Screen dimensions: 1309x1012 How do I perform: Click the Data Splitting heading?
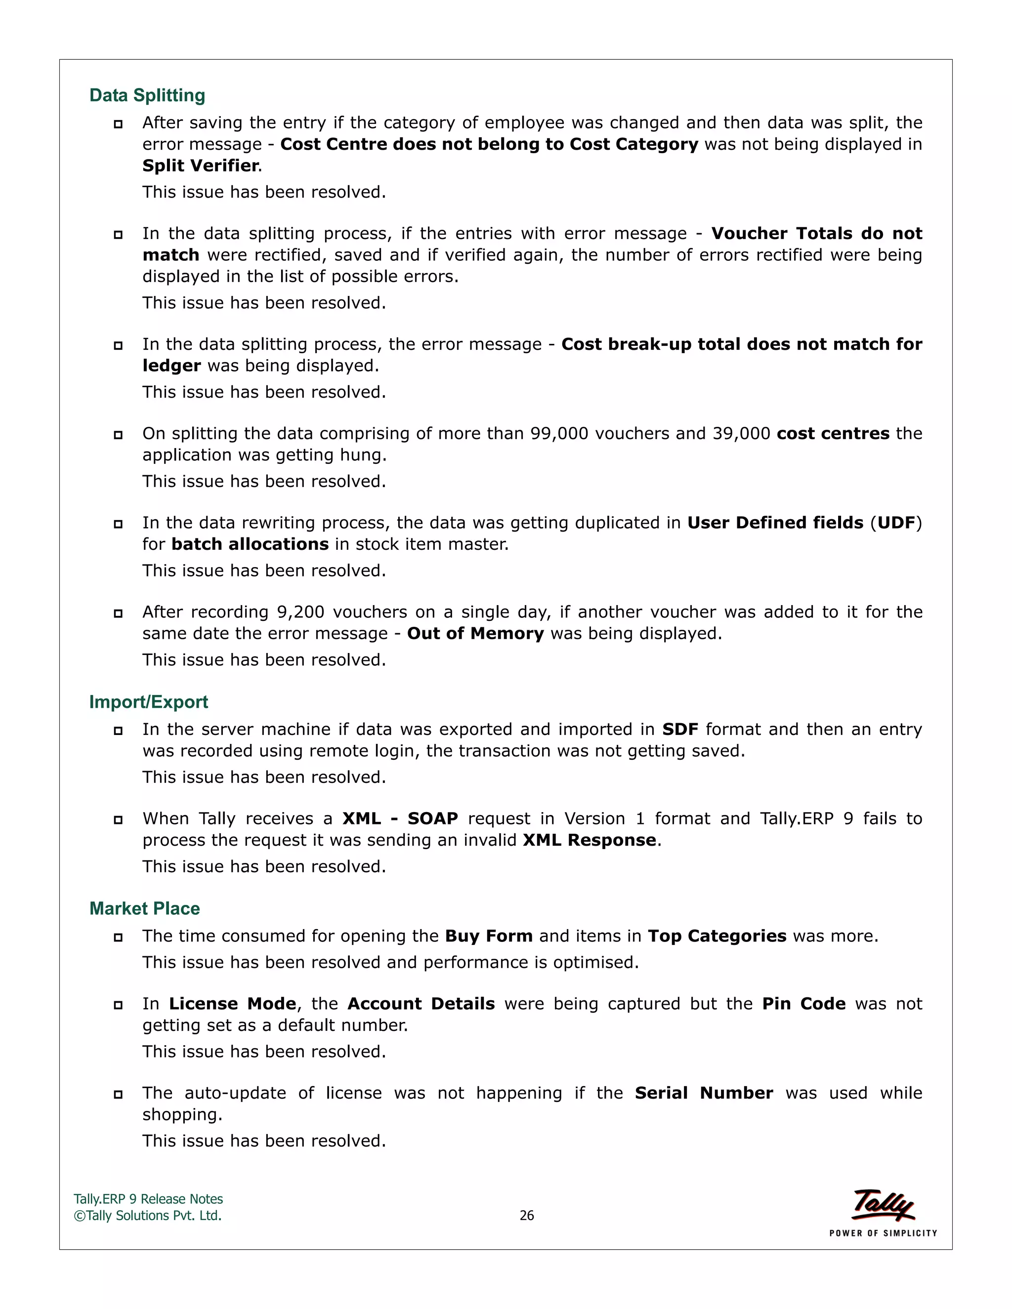[x=147, y=95]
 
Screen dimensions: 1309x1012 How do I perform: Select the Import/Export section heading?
[x=148, y=702]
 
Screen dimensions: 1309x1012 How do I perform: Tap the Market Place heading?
[x=144, y=908]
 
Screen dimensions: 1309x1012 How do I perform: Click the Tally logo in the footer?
[x=883, y=1205]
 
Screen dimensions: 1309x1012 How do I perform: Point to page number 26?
[x=526, y=1216]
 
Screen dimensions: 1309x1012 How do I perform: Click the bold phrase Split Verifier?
[x=201, y=165]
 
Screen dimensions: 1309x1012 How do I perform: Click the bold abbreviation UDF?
[x=897, y=523]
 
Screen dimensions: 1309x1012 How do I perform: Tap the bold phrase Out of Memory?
[x=475, y=634]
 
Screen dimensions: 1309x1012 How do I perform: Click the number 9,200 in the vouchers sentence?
[x=300, y=612]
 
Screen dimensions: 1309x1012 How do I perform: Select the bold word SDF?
[x=680, y=730]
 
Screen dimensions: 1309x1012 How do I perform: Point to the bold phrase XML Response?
[x=589, y=840]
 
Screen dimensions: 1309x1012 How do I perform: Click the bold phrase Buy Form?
[x=489, y=936]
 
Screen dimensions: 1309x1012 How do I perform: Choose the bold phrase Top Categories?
[x=717, y=936]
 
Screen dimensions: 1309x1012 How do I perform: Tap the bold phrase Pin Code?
[x=803, y=1004]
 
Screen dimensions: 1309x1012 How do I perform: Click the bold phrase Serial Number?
[x=704, y=1093]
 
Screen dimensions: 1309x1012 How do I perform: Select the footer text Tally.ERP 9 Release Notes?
[x=148, y=1199]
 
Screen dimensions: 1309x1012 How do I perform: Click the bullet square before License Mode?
[x=118, y=1005]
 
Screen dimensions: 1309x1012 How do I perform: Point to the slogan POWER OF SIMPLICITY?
[x=883, y=1233]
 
